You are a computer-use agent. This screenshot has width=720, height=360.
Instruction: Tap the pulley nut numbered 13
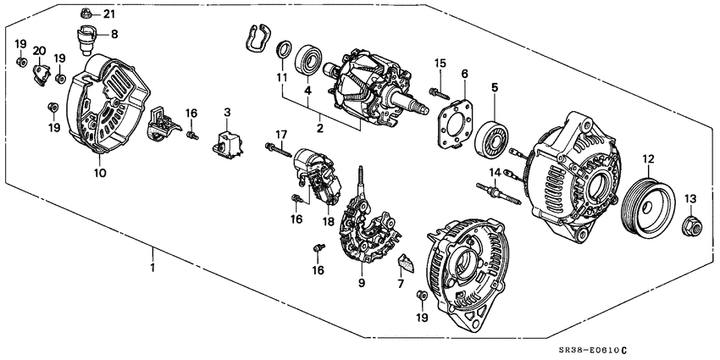tap(690, 224)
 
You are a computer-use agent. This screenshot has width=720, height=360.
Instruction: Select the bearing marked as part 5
tap(493, 139)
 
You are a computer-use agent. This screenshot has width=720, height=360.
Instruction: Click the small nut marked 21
tap(86, 14)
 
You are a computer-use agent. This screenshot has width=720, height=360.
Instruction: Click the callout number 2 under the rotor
tap(320, 128)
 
